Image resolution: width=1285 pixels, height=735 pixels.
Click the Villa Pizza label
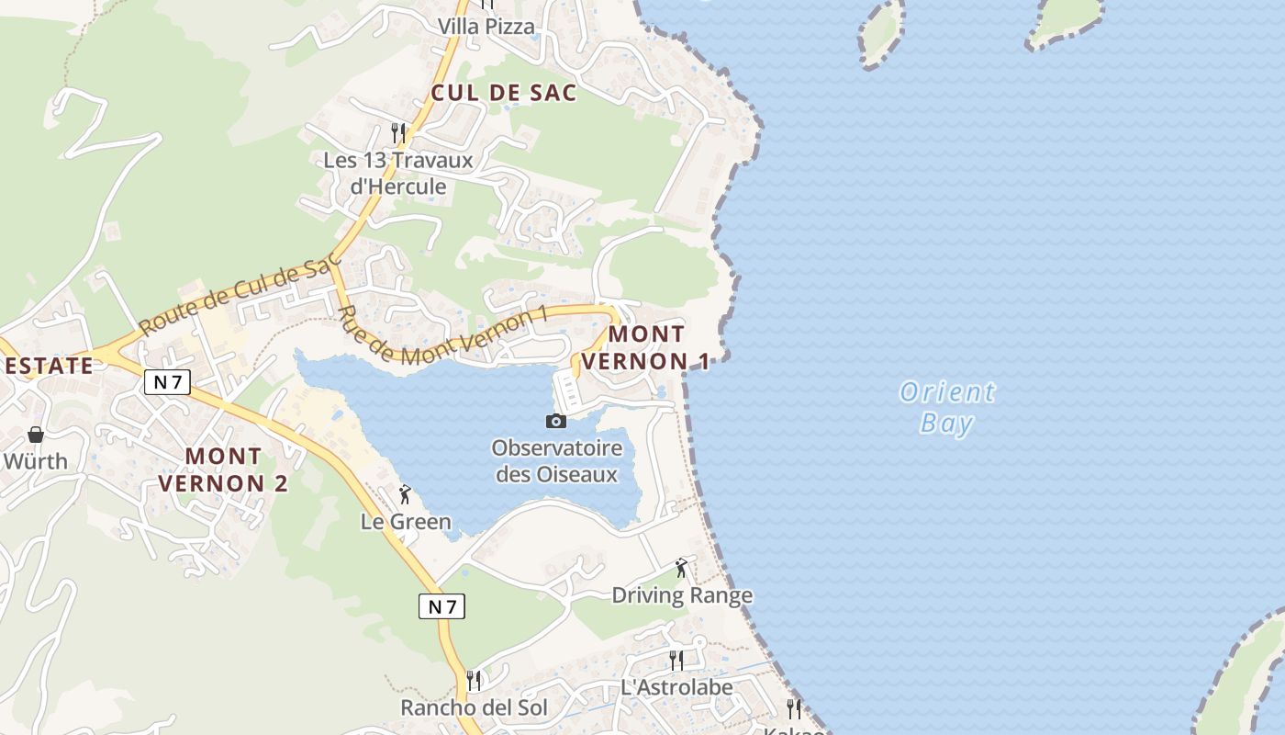tap(486, 27)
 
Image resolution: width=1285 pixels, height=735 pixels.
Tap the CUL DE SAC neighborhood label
tap(503, 93)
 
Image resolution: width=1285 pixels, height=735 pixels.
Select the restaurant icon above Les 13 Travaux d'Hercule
tap(398, 133)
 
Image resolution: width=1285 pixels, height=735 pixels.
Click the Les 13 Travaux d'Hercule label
tap(398, 173)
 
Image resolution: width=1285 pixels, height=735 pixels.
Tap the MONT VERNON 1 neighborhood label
tap(645, 347)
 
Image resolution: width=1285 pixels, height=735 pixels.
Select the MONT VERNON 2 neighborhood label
tap(223, 469)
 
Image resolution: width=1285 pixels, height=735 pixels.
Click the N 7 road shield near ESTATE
tap(167, 382)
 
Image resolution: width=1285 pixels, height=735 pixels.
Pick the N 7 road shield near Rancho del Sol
tap(442, 606)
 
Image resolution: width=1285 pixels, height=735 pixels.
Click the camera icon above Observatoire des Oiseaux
tap(556, 421)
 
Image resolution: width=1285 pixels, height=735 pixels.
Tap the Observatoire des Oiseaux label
tap(556, 461)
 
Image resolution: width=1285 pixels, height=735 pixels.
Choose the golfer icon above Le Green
tap(405, 494)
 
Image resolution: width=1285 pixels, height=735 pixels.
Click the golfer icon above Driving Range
tap(681, 568)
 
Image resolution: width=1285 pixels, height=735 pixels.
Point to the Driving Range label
tap(682, 595)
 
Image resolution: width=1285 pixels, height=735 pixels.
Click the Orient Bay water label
tap(946, 407)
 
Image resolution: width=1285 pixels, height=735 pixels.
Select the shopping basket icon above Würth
tap(36, 435)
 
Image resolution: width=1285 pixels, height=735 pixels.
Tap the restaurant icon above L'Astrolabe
tap(676, 660)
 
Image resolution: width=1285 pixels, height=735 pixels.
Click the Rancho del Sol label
tap(474, 707)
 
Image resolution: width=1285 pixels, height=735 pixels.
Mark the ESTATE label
tap(50, 366)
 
